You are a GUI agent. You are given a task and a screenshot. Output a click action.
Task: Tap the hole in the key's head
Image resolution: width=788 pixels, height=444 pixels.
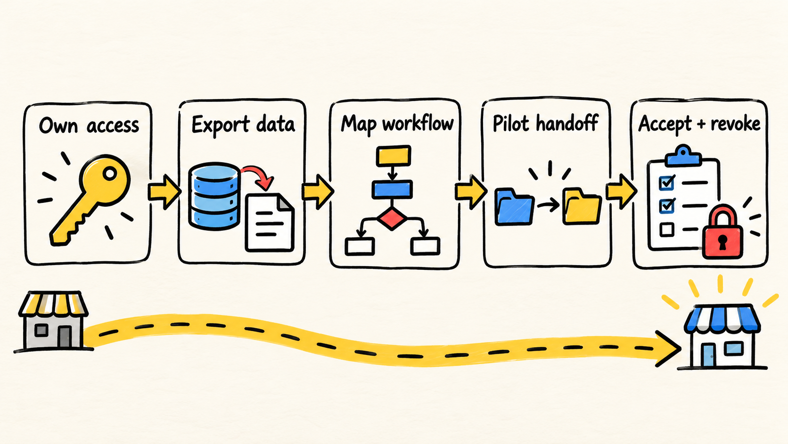110,173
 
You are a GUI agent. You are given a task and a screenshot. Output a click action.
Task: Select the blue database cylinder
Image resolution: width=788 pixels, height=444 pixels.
214,196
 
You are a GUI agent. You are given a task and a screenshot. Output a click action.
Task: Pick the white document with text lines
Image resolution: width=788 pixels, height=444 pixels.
270,223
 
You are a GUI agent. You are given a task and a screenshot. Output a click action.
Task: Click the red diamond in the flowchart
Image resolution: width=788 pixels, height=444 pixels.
392,218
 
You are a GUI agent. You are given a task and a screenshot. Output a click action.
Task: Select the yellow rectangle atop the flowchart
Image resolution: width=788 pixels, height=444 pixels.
394,156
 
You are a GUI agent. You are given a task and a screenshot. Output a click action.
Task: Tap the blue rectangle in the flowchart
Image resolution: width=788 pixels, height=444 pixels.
392,190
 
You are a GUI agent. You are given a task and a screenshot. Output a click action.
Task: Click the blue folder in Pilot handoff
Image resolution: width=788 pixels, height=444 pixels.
514,207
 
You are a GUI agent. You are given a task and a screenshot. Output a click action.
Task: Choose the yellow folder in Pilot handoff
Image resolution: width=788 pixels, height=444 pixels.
582,207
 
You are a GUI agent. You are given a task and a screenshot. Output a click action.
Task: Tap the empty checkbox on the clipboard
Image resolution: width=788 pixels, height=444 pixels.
666,230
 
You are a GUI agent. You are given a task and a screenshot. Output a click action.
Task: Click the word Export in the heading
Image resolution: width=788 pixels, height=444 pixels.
221,125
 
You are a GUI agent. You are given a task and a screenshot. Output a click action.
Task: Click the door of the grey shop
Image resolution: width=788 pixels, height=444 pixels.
65,337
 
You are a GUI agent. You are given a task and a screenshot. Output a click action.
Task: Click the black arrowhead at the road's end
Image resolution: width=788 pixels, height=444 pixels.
668,349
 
